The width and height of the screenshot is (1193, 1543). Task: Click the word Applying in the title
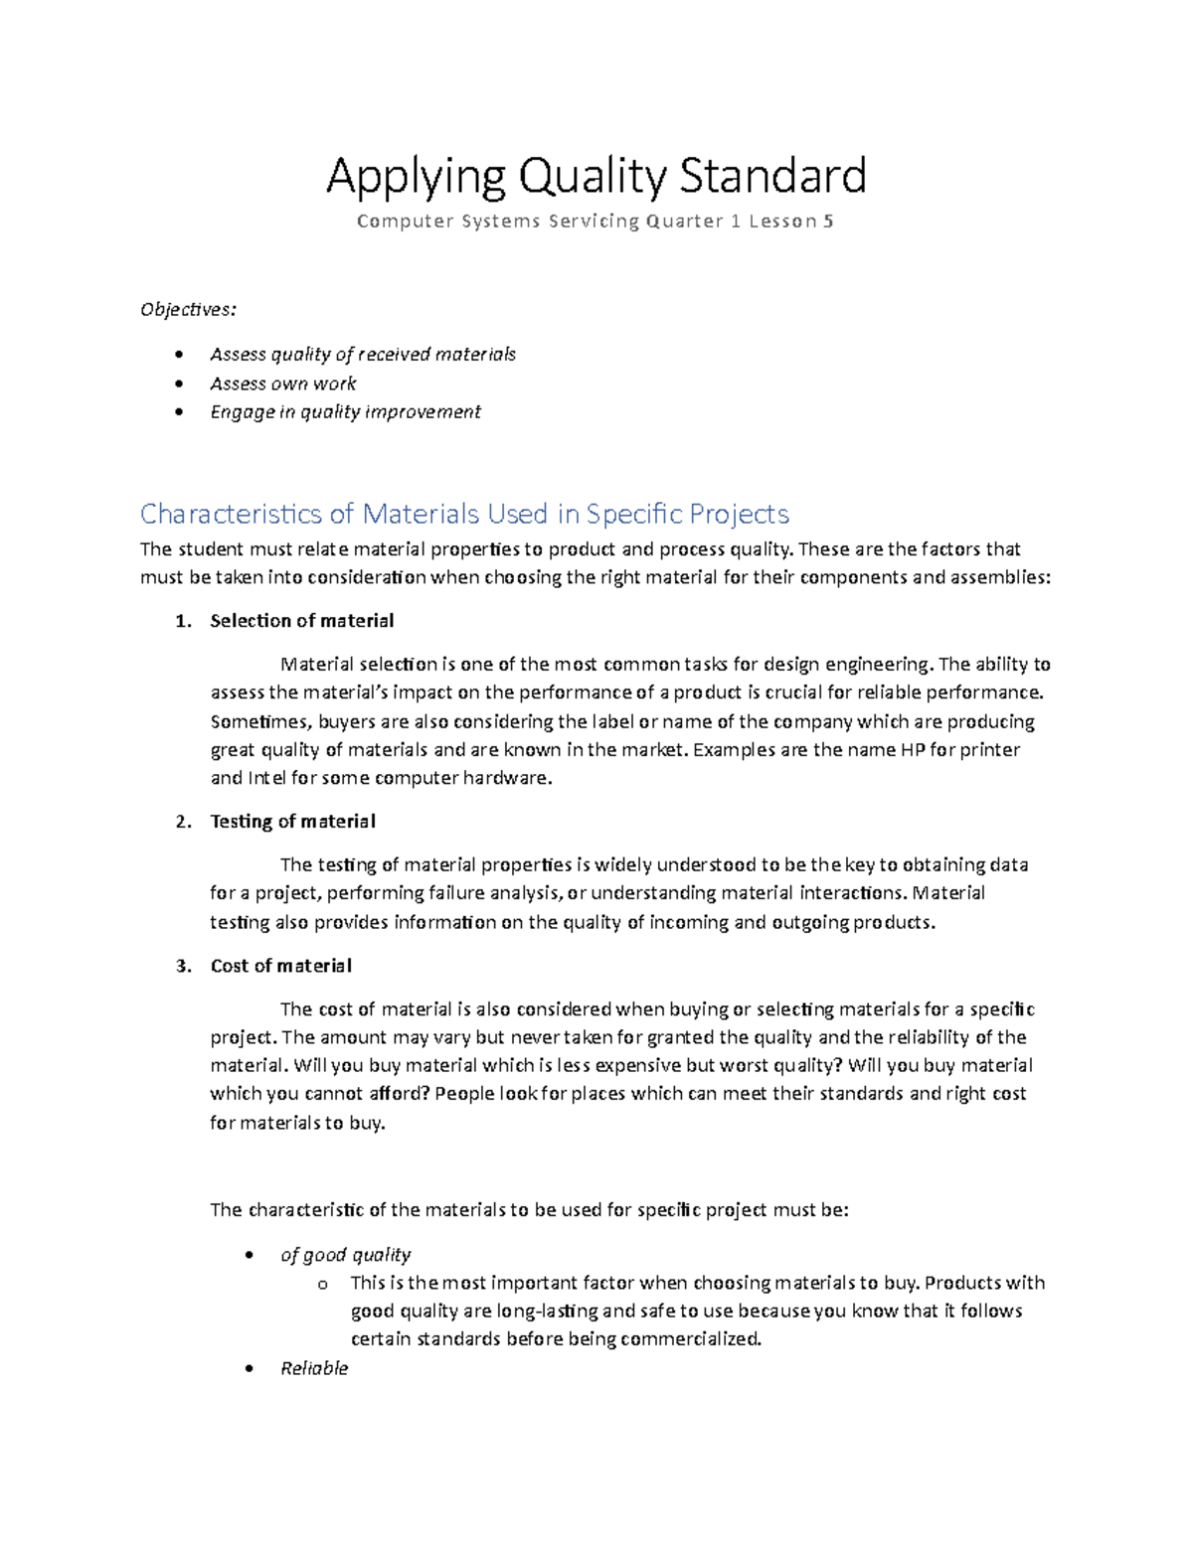416,177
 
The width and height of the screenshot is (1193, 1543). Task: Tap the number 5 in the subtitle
828,222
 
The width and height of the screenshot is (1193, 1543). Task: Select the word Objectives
188,309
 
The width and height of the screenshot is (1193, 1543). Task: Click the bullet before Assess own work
179,384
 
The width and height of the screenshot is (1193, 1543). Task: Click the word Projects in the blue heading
740,514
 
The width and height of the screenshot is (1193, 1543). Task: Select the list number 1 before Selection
181,621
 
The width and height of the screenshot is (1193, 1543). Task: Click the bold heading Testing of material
292,822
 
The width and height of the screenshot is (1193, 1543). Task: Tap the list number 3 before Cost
182,966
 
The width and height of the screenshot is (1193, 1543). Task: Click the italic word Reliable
314,1368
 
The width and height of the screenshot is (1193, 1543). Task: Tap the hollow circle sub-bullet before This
322,1285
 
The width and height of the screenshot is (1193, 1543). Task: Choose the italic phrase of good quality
345,1255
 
